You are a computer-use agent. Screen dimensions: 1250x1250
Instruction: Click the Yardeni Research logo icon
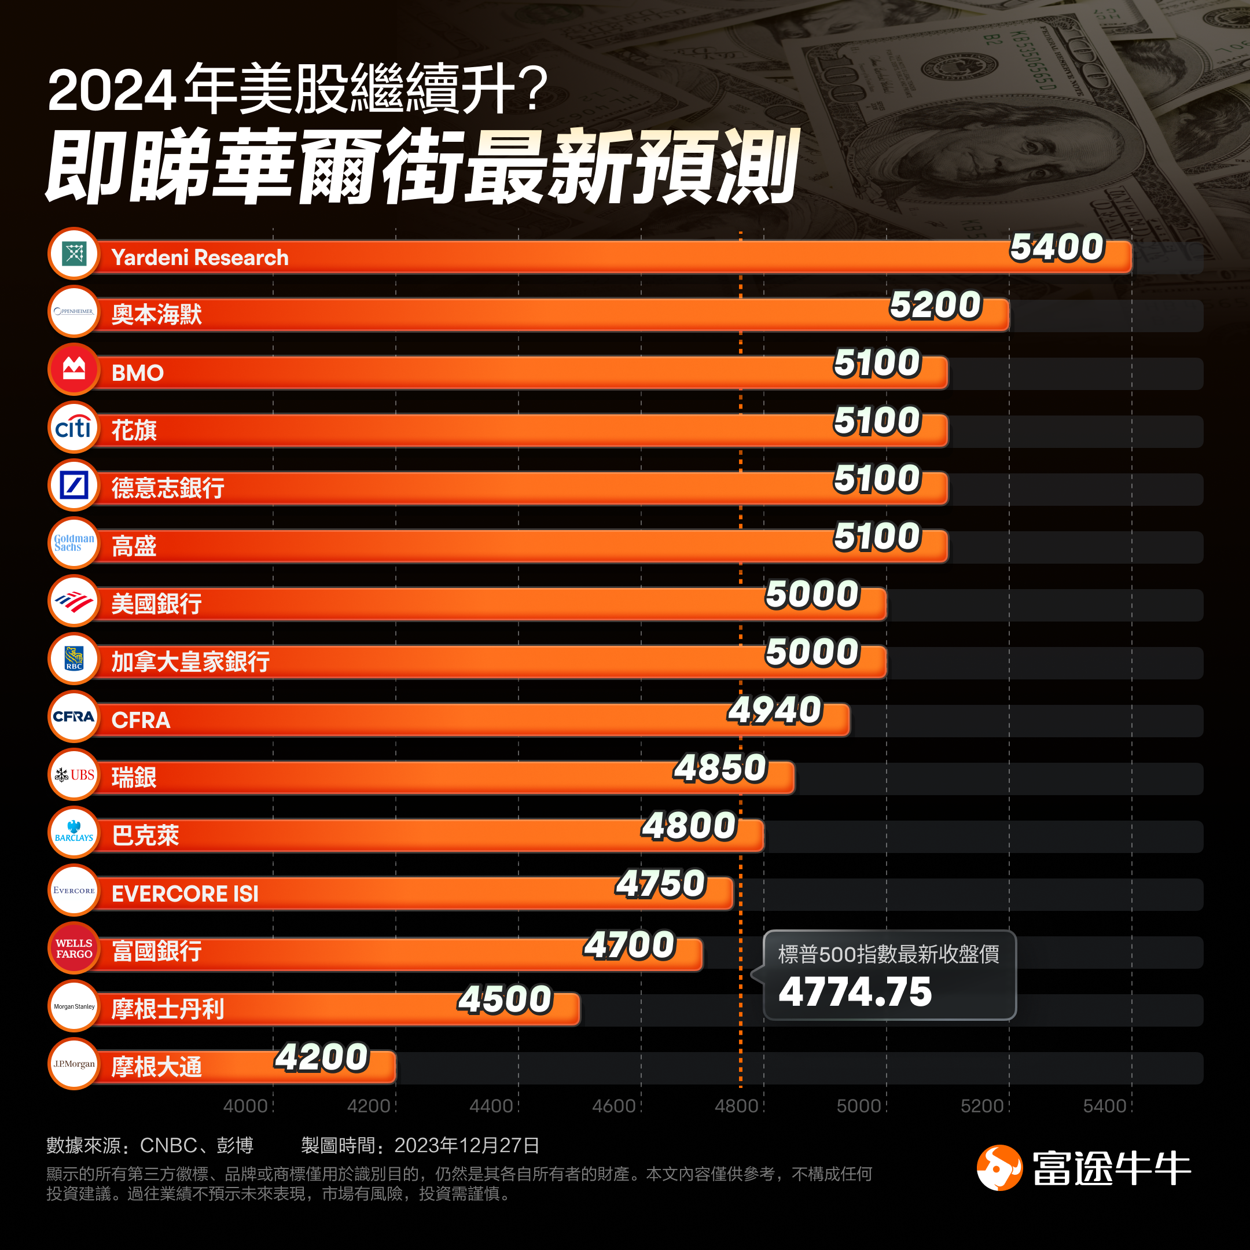73,253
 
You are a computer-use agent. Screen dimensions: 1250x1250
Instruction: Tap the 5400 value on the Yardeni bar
1057,247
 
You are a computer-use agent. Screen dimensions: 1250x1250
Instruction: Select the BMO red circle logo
73,369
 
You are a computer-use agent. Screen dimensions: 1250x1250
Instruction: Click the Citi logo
73,428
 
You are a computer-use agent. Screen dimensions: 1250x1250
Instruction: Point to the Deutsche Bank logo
73,486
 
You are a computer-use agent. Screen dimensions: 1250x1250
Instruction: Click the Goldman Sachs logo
73,543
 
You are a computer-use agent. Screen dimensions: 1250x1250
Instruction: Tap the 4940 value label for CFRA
774,709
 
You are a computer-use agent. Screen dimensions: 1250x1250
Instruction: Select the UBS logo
73,774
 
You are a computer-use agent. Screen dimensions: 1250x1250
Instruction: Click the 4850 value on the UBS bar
720,768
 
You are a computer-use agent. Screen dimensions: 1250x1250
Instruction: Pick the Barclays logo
73,832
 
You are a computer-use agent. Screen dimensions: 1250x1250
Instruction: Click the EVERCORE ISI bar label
185,894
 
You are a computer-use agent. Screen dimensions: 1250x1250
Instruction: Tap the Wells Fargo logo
73,948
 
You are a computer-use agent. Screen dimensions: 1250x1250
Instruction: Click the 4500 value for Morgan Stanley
505,999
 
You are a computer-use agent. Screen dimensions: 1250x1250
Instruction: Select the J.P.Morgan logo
73,1064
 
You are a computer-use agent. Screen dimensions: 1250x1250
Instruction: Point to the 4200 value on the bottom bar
322,1057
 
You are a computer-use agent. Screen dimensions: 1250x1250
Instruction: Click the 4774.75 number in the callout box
855,992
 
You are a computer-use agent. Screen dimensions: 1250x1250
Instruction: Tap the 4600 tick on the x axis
613,1106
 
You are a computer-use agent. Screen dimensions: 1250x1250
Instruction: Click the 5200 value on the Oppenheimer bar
936,306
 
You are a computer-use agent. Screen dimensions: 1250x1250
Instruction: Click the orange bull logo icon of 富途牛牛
999,1167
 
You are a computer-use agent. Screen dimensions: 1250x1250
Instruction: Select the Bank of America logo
73,601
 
